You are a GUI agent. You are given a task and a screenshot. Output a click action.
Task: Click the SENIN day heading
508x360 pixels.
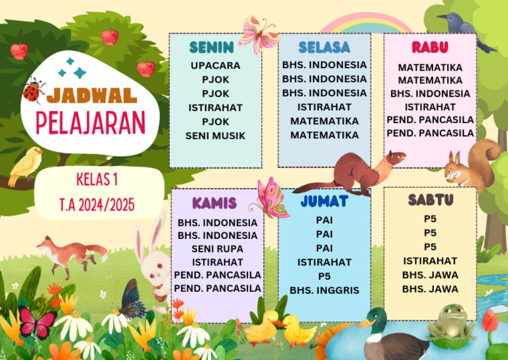(212, 47)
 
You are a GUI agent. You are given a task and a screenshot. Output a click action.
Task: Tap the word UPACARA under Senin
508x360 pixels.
(216, 66)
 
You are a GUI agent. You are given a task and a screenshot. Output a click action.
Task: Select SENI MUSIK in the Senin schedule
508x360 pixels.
(216, 136)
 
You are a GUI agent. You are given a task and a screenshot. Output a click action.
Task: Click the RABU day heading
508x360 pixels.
(430, 47)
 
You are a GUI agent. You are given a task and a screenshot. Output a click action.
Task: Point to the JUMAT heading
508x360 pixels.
(324, 200)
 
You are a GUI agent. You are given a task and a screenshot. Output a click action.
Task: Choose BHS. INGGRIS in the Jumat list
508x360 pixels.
(324, 290)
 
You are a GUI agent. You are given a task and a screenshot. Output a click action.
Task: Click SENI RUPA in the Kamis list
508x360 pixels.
(218, 249)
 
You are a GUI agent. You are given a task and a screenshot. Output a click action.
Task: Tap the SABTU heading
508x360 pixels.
(430, 200)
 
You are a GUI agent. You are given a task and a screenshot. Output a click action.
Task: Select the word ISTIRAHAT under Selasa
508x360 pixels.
(324, 107)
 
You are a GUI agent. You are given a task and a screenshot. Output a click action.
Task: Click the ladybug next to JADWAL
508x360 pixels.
(33, 91)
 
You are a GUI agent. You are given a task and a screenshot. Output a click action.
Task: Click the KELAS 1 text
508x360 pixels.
(97, 179)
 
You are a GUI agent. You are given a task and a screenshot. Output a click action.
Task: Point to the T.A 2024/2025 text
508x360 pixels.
(97, 204)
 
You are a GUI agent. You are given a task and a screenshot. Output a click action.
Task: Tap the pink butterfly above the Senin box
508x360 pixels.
(259, 34)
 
